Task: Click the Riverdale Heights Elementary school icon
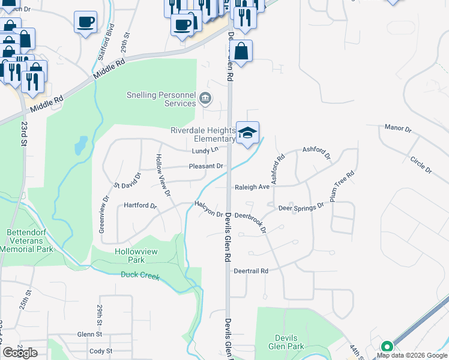247,133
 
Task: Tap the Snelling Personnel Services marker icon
205,98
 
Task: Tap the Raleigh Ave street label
252,187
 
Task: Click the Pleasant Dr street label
206,166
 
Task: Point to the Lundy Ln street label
205,150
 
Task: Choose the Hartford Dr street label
139,206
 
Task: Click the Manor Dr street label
398,129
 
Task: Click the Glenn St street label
89,334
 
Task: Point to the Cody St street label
100,351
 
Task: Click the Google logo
20,353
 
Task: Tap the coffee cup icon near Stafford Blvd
85,22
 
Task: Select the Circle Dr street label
421,165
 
